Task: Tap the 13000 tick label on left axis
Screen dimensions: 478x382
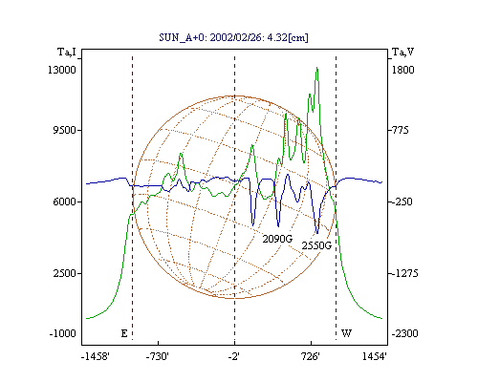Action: click(62, 70)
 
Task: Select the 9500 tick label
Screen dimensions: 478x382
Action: click(64, 130)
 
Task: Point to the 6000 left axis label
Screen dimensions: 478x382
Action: click(64, 202)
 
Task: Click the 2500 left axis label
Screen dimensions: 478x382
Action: click(64, 273)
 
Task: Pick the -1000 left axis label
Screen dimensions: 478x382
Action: click(62, 333)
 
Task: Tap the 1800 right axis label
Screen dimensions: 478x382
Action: click(402, 70)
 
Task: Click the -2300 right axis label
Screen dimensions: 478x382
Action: click(404, 333)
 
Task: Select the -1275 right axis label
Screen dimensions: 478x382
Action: click(404, 273)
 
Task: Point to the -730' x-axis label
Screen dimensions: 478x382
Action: click(157, 356)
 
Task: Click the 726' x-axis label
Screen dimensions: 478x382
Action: click(310, 356)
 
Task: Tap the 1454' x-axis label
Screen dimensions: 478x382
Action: click(375, 356)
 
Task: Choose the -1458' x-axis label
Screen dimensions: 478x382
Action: click(96, 356)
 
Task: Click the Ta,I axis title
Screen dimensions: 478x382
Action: click(67, 52)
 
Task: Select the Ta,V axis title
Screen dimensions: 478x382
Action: click(402, 52)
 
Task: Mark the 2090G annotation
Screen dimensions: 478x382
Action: click(277, 239)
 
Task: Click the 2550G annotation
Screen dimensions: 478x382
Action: click(316, 245)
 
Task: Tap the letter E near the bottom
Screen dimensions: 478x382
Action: click(124, 333)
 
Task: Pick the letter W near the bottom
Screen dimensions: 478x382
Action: click(346, 333)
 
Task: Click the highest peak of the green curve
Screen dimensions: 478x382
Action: click(317, 68)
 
